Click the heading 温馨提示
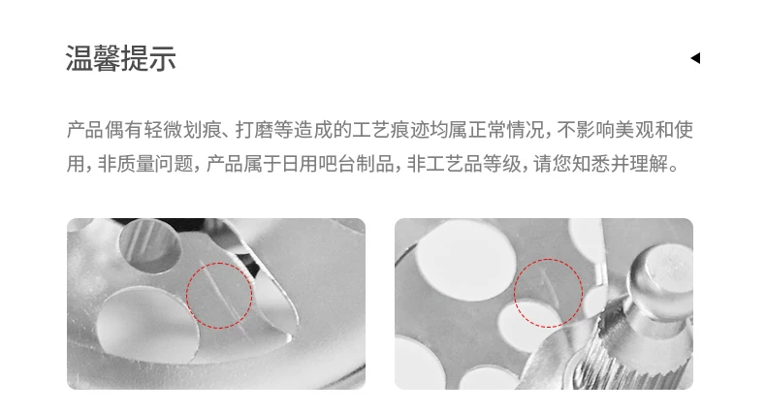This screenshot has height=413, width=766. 121,58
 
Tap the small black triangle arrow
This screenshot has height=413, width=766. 695,58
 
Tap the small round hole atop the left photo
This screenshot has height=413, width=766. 149,245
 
